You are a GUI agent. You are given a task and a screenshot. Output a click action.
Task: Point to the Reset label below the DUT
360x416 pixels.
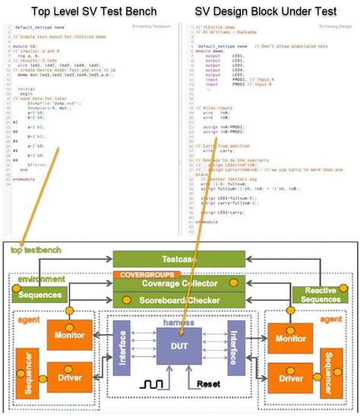[x=209, y=385]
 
